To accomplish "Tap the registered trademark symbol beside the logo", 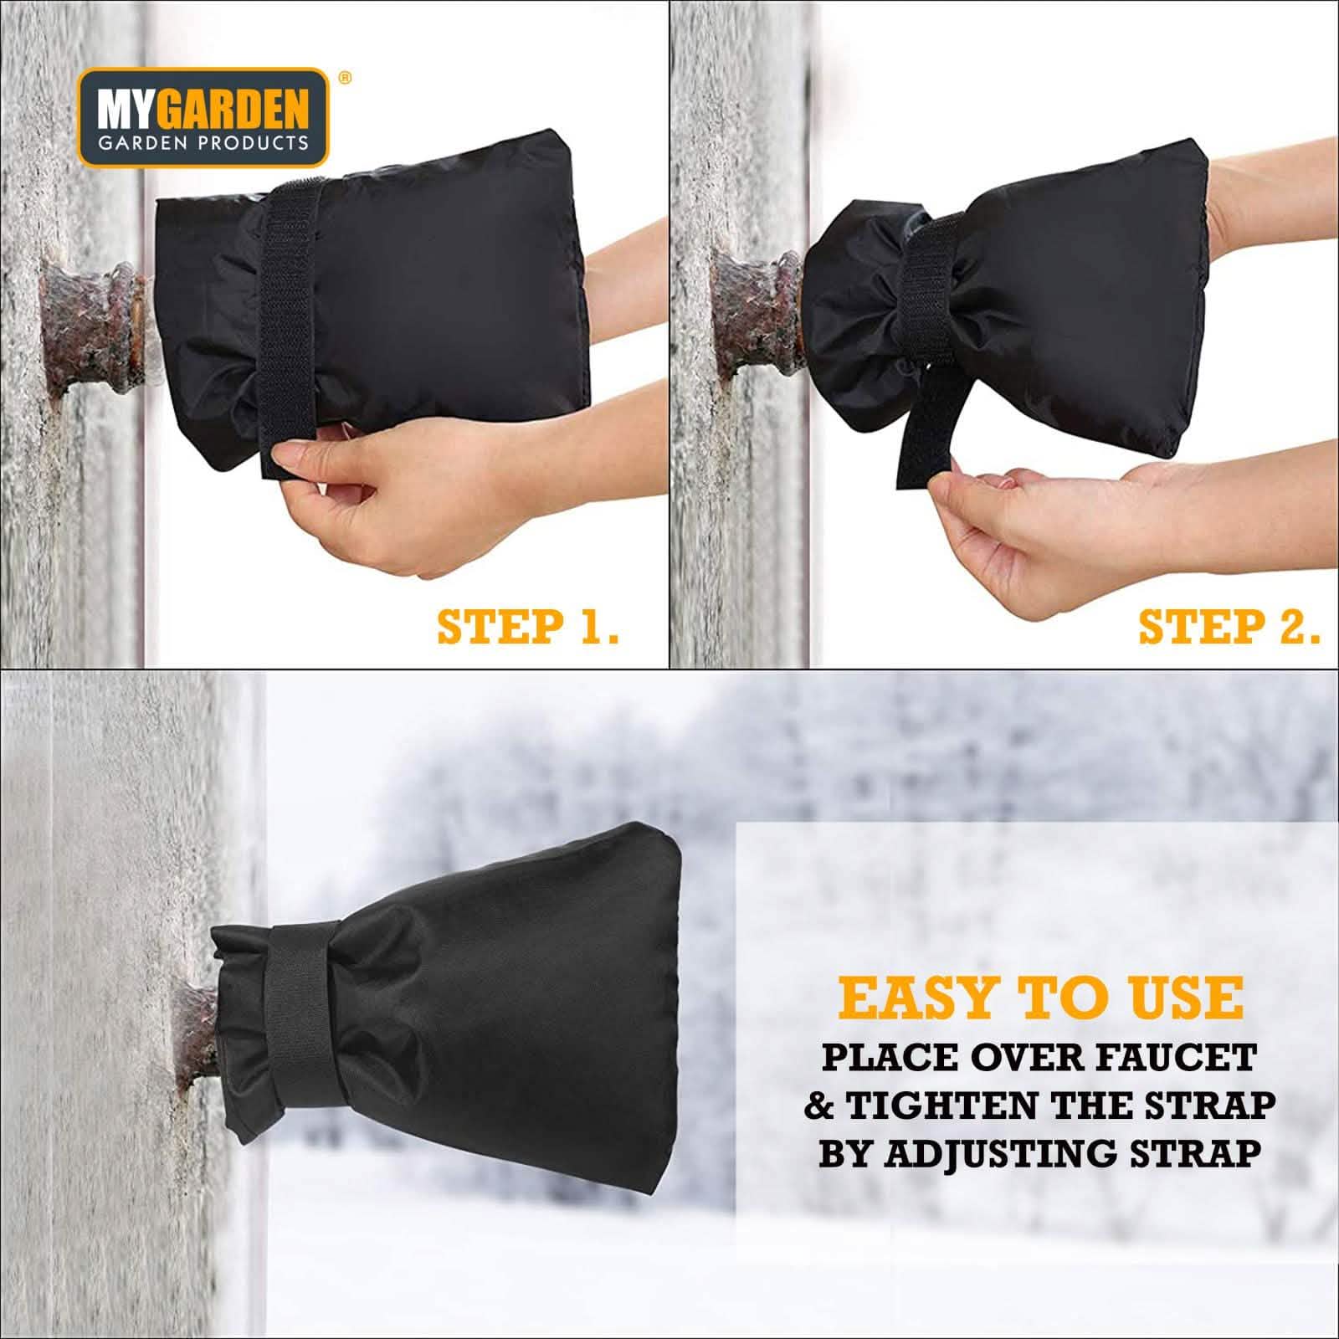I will pos(343,77).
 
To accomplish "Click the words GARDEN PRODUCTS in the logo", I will pos(204,142).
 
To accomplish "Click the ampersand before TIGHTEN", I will pos(820,1106).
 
